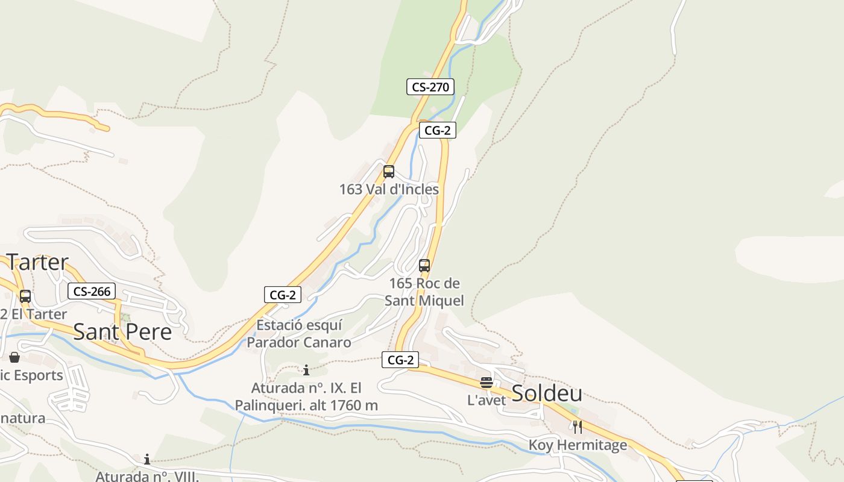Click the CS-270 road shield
point(430,87)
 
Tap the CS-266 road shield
point(91,292)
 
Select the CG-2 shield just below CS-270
point(437,130)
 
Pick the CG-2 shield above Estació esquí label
point(282,295)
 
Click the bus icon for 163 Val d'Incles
point(389,172)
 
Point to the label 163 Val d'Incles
point(389,189)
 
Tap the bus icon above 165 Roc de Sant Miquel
point(424,265)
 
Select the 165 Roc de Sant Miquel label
point(424,292)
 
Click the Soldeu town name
point(547,393)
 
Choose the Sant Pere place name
point(122,332)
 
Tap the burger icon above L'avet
point(487,383)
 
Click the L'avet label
point(487,400)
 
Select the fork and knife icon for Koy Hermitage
point(578,427)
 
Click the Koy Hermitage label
point(578,445)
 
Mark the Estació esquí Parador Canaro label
point(299,334)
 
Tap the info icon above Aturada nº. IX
point(306,370)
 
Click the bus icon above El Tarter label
point(25,296)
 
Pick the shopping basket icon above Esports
point(14,358)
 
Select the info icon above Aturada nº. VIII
point(147,460)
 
